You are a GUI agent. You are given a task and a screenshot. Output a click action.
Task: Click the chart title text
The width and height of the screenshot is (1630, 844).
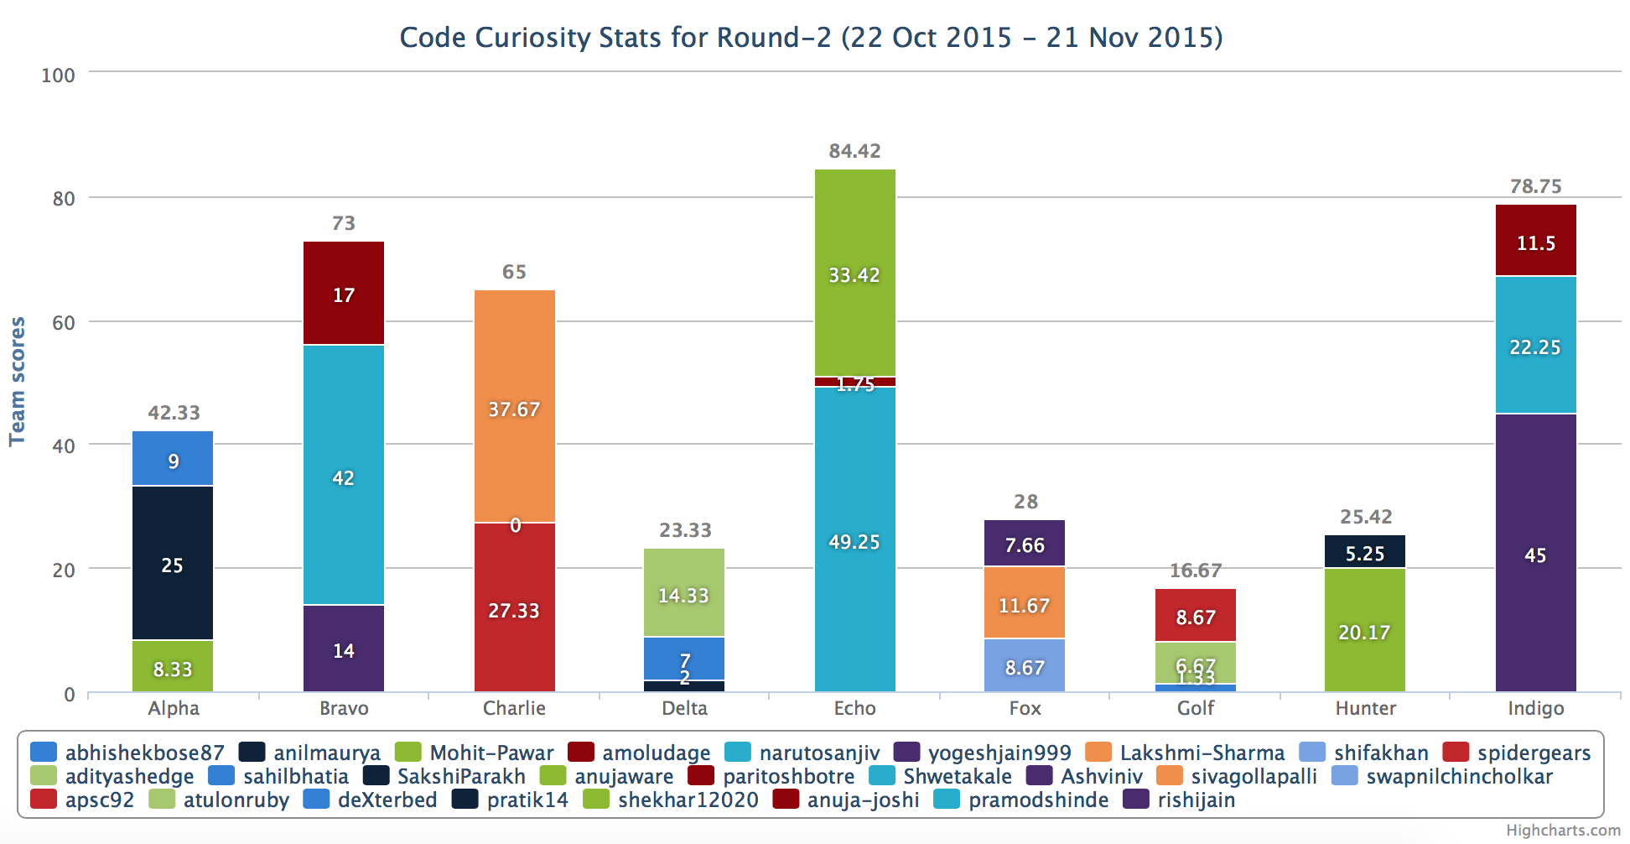pos(811,38)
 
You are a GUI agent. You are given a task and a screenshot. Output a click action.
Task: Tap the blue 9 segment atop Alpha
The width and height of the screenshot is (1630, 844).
pos(173,459)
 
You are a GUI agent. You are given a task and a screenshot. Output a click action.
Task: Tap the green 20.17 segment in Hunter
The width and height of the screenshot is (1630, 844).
pos(1365,631)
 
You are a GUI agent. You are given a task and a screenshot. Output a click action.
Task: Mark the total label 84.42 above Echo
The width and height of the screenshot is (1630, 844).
pos(854,151)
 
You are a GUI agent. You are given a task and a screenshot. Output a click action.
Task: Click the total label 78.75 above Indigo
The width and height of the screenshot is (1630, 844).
pos(1535,186)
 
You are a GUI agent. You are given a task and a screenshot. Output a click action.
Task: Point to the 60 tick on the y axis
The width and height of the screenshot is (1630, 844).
pos(64,323)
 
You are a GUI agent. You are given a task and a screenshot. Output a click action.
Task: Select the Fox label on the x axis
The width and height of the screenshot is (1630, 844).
pos(1025,708)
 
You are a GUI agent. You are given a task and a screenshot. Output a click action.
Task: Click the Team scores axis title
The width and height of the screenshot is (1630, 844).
pos(18,382)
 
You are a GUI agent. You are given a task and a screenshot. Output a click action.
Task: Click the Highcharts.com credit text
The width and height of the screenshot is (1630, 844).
pos(1563,831)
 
